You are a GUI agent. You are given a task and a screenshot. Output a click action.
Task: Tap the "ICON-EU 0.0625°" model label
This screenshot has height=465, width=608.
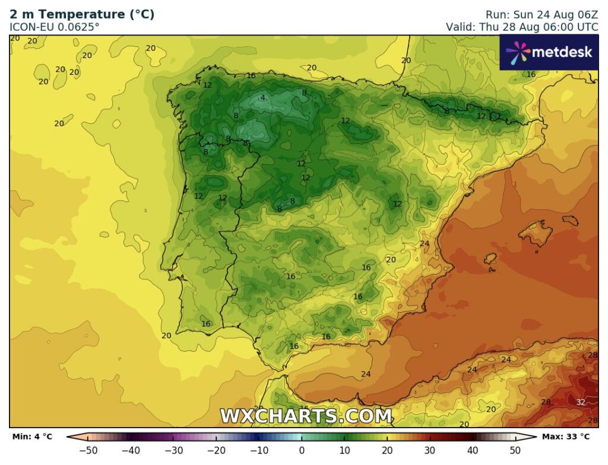pyautogui.click(x=55, y=27)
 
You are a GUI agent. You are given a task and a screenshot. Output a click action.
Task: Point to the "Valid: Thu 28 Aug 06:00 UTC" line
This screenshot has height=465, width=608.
pyautogui.click(x=522, y=27)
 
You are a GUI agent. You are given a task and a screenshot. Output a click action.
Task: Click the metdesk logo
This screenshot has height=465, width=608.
pyautogui.click(x=549, y=52)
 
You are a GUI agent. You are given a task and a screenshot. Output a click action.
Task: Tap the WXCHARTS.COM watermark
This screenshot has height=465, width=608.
pyautogui.click(x=306, y=416)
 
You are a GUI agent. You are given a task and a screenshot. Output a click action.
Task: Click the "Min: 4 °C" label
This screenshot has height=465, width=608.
pyautogui.click(x=32, y=437)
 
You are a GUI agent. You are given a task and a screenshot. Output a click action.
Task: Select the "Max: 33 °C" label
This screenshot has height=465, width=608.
pyautogui.click(x=566, y=437)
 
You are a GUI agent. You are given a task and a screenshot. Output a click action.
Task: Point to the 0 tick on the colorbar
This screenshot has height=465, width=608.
pyautogui.click(x=302, y=450)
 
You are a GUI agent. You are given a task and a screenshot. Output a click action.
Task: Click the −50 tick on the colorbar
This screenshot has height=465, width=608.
pyautogui.click(x=88, y=450)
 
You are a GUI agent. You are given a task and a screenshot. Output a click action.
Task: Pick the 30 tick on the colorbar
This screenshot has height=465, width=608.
pyautogui.click(x=430, y=450)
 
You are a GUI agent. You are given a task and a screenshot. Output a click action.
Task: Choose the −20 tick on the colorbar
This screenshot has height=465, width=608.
pyautogui.click(x=216, y=450)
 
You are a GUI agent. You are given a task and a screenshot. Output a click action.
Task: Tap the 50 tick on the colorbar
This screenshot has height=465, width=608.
pyautogui.click(x=515, y=450)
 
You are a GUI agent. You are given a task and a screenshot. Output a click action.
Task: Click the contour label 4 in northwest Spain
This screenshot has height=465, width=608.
pyautogui.click(x=262, y=98)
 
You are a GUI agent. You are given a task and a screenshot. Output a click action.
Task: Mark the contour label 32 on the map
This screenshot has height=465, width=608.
pyautogui.click(x=581, y=402)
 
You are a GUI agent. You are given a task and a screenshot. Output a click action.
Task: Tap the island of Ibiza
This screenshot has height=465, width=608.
pyautogui.click(x=490, y=259)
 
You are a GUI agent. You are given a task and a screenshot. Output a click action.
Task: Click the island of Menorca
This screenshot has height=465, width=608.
pyautogui.click(x=570, y=221)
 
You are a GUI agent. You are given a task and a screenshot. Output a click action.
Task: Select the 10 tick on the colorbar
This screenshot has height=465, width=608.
pyautogui.click(x=344, y=450)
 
